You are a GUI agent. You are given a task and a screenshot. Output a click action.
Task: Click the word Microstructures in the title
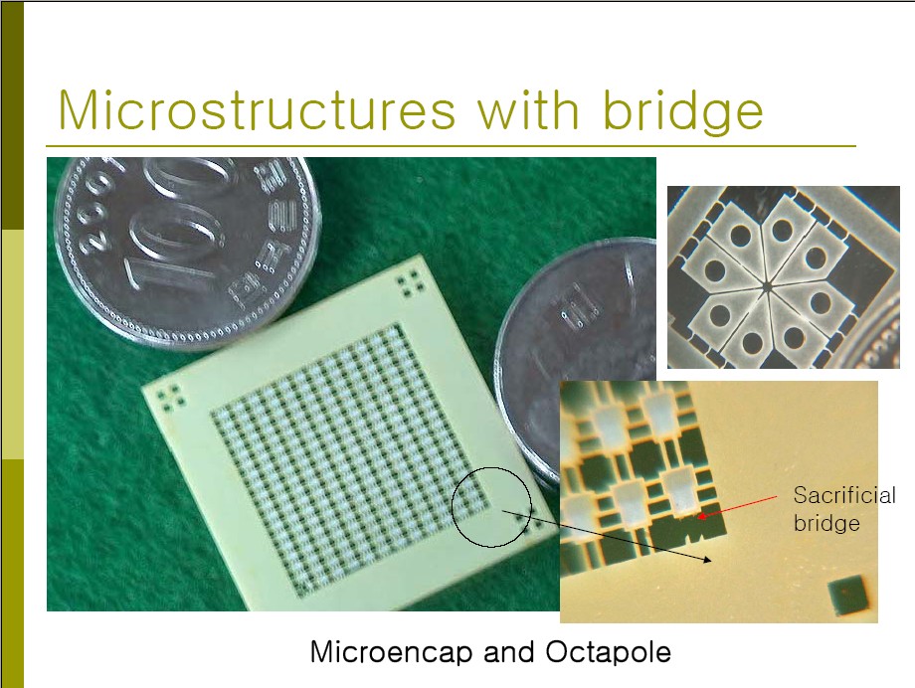click(257, 110)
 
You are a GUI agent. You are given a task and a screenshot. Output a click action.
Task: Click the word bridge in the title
click(682, 112)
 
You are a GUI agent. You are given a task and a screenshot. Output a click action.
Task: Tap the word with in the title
click(528, 109)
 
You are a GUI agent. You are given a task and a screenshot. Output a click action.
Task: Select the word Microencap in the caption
click(391, 652)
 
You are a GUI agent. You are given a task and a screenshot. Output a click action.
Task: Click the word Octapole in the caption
click(608, 652)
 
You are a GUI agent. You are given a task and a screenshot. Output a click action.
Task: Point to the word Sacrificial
click(844, 495)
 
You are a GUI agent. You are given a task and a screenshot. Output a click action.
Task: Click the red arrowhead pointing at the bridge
click(702, 516)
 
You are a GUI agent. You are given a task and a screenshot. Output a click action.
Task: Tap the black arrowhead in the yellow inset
click(707, 560)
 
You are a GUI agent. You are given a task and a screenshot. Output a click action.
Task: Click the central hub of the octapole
click(767, 286)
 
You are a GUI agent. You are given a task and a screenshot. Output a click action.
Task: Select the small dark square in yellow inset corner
click(847, 596)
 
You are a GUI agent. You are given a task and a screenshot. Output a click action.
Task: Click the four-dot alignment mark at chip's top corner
click(410, 283)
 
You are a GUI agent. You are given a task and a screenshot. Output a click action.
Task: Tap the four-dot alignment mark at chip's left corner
click(171, 397)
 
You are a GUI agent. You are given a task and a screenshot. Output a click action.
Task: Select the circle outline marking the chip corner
click(452, 507)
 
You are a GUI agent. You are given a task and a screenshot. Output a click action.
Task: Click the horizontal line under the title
click(451, 146)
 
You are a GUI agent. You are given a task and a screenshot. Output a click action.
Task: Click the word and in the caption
click(509, 652)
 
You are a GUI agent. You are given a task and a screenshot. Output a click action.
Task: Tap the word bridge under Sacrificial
click(826, 523)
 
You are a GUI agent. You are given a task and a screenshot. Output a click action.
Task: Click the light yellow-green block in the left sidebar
click(12, 344)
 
